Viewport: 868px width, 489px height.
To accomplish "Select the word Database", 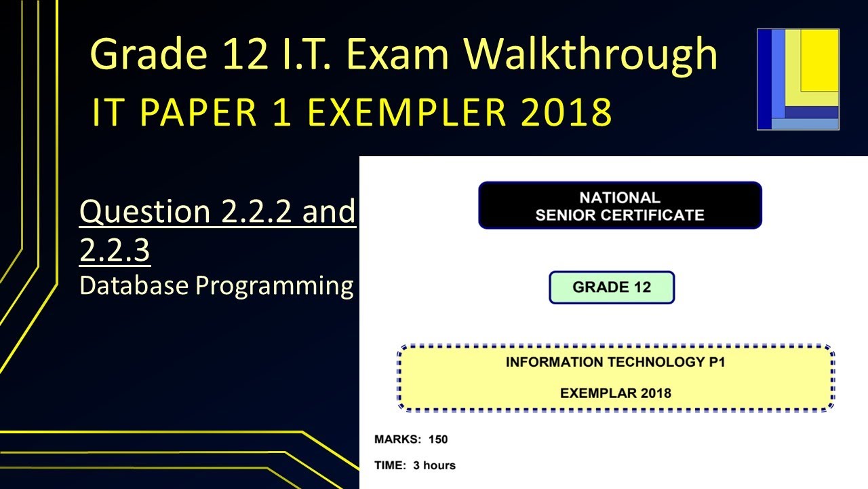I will (x=134, y=286).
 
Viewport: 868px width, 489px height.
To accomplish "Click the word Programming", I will (x=275, y=286).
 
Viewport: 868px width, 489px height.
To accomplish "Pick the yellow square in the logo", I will (x=820, y=60).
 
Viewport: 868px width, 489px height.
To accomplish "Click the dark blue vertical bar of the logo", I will (x=764, y=79).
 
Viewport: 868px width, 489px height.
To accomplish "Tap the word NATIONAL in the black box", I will (x=620, y=198).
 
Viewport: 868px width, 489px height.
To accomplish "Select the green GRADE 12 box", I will (x=612, y=287).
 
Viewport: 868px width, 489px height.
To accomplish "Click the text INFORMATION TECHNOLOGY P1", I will (x=615, y=362).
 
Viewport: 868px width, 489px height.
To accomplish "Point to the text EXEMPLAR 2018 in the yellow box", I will (x=615, y=393).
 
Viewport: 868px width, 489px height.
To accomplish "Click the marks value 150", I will (x=438, y=439).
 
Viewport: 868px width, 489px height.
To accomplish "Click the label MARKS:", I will (x=397, y=439).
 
